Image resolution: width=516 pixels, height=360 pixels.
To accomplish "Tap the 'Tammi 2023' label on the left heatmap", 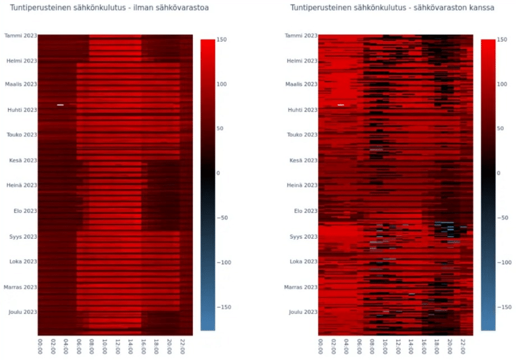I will click(21, 36).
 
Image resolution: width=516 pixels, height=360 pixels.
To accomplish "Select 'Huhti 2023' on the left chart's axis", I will click(21, 110).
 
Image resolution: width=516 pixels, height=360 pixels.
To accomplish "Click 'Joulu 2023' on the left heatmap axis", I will click(22, 312).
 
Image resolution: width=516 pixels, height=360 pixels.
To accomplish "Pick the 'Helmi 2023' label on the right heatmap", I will click(302, 61).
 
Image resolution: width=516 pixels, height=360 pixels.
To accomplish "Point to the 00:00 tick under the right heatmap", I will click(321, 344).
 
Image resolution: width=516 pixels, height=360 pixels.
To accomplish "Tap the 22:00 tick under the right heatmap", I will click(463, 344).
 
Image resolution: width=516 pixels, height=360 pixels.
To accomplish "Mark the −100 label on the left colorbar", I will click(223, 262).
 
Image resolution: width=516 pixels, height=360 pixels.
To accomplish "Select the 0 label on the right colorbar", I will click(499, 173).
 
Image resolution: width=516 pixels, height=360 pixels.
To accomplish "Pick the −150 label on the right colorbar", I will click(504, 307).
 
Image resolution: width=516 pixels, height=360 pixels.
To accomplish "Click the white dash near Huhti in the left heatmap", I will click(61, 105).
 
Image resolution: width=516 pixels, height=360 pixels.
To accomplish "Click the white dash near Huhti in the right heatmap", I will click(341, 105).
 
